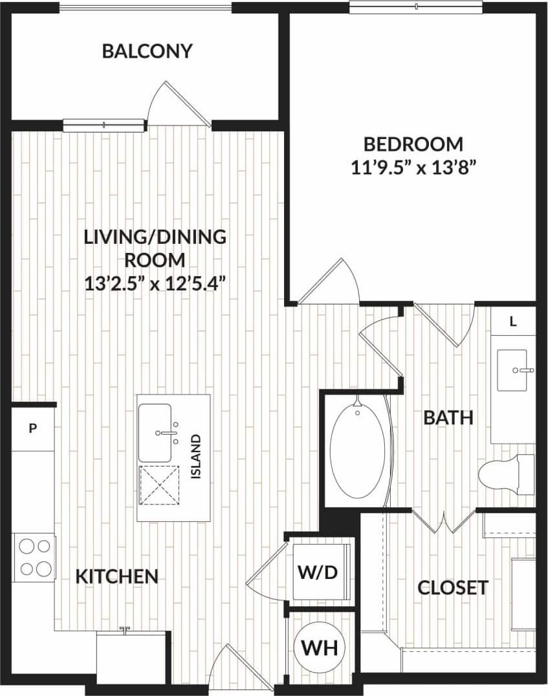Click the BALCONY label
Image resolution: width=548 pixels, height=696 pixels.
click(148, 51)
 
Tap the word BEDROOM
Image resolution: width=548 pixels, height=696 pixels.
click(413, 144)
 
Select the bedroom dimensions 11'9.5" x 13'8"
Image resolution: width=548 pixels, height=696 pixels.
click(413, 168)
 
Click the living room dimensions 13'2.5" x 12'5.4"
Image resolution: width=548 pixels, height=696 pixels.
click(155, 283)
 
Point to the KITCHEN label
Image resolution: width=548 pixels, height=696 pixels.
click(117, 576)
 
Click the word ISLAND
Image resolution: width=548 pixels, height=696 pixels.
click(197, 457)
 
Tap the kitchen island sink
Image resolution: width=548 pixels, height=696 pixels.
click(155, 433)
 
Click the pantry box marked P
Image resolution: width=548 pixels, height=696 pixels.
click(32, 428)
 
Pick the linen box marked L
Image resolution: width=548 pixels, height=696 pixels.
click(513, 321)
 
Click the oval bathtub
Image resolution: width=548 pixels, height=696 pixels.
click(357, 450)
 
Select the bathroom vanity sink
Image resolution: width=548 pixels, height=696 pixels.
click(512, 370)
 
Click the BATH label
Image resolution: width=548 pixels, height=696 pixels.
click(448, 418)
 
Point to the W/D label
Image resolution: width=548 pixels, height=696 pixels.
click(318, 572)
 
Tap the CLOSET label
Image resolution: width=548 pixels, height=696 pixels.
click(452, 587)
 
